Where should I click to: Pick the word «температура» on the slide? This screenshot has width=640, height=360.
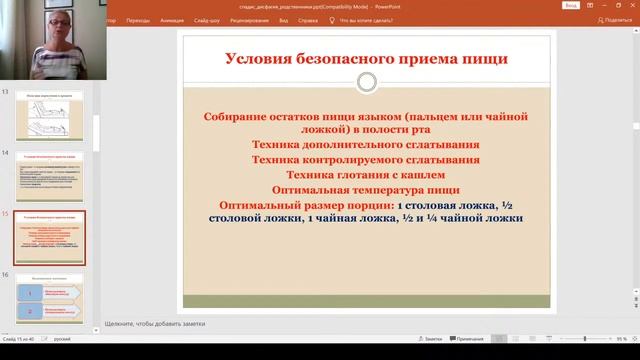tap(382, 188)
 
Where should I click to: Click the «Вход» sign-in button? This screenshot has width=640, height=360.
tap(572, 5)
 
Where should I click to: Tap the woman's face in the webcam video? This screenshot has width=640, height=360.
tap(48, 29)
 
